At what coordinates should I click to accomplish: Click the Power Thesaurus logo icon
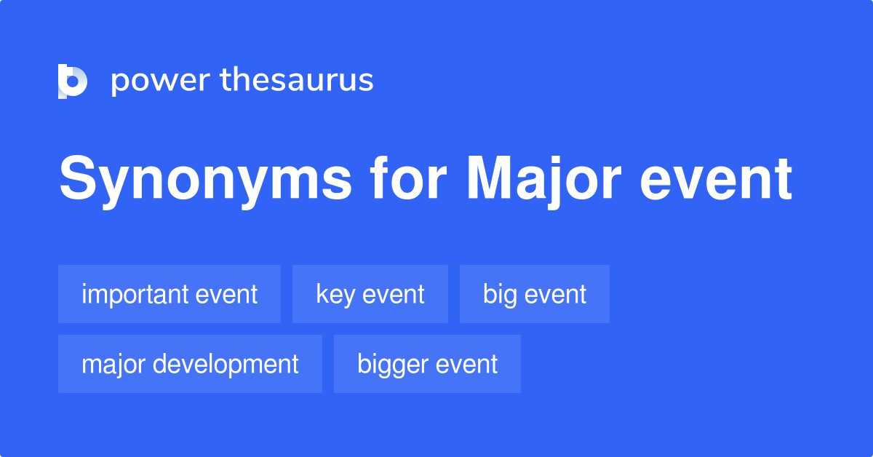73,81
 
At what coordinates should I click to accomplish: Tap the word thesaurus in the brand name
297,80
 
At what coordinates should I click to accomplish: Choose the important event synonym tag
170,294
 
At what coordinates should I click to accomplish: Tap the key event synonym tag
370,294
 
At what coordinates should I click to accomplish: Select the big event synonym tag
535,294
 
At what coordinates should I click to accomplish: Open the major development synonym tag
190,364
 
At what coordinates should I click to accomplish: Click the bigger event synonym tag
427,364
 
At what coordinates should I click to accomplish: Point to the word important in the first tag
136,294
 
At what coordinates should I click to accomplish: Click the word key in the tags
335,295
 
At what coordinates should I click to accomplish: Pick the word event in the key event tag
394,294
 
